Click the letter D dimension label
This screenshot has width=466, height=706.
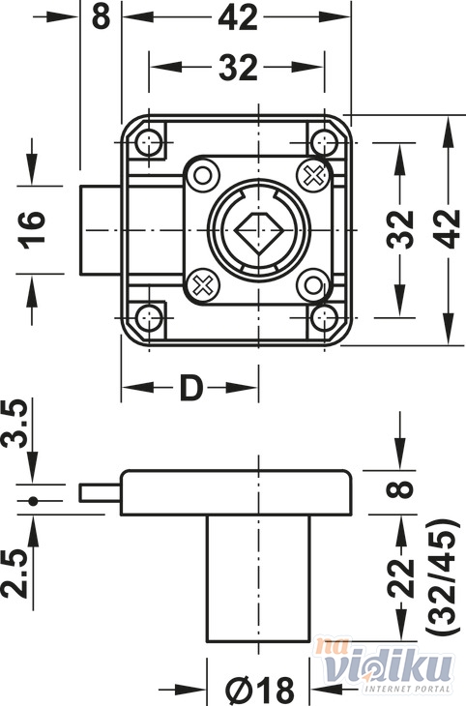[x=190, y=388]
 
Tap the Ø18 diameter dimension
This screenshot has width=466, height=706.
[x=259, y=690]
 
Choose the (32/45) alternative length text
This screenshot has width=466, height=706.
[x=442, y=584]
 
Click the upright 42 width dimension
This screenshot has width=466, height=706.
[x=238, y=18]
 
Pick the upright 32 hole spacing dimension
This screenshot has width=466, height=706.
[x=238, y=68]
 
